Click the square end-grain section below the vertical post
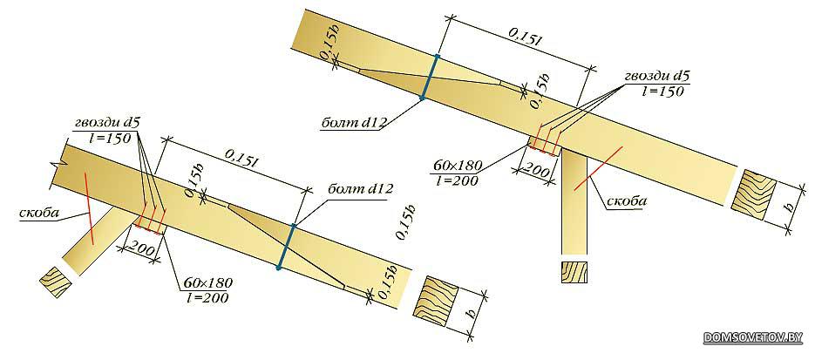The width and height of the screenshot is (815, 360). (x=574, y=273)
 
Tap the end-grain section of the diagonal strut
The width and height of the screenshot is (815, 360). (x=56, y=282)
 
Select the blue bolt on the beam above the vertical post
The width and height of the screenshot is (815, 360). (x=430, y=77)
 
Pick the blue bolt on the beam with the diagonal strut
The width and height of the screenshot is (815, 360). (x=287, y=247)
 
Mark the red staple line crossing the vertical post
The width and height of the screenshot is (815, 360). (x=597, y=169)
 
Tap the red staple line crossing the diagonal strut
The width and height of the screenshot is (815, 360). (x=89, y=209)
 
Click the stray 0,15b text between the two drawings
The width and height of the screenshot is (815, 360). (x=407, y=224)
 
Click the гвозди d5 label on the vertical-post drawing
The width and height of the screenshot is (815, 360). (x=657, y=77)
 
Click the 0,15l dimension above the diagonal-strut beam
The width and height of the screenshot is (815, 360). (x=242, y=160)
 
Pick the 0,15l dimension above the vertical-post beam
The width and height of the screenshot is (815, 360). (x=526, y=39)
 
